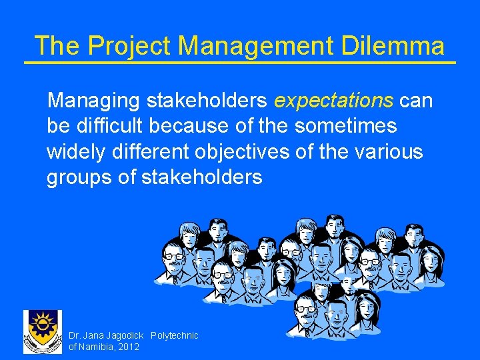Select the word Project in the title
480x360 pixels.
(x=129, y=46)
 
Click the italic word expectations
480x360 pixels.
(x=333, y=101)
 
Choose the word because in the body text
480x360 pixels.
(x=203, y=126)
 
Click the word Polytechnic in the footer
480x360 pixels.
(x=175, y=336)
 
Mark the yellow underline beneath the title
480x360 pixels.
(x=240, y=63)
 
